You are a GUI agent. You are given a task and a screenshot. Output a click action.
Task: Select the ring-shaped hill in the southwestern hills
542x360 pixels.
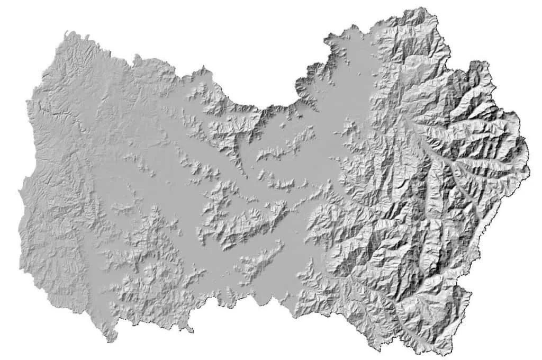tap(153, 265)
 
